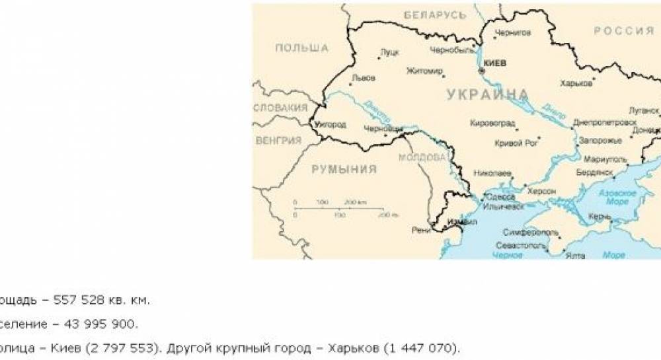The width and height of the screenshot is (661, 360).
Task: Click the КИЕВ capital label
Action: pyautogui.click(x=495, y=63)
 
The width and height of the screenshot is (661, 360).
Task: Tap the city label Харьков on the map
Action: pyautogui.click(x=574, y=83)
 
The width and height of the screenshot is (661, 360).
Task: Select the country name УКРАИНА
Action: pyautogui.click(x=488, y=94)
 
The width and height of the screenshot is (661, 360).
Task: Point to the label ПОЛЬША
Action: pyautogui.click(x=301, y=48)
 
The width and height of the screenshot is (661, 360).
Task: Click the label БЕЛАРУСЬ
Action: pyautogui.click(x=435, y=15)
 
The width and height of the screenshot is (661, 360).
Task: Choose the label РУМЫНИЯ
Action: pyautogui.click(x=344, y=169)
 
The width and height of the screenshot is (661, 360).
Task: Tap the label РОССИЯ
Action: pyautogui.click(x=624, y=31)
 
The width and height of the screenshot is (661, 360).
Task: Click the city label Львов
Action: pyautogui.click(x=363, y=78)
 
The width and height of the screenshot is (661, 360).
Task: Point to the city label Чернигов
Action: pyautogui.click(x=513, y=32)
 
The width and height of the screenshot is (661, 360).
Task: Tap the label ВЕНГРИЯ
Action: pyautogui.click(x=278, y=141)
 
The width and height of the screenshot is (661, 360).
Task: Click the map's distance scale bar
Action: pyautogui.click(x=338, y=208)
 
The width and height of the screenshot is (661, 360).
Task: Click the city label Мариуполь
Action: pyautogui.click(x=603, y=160)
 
